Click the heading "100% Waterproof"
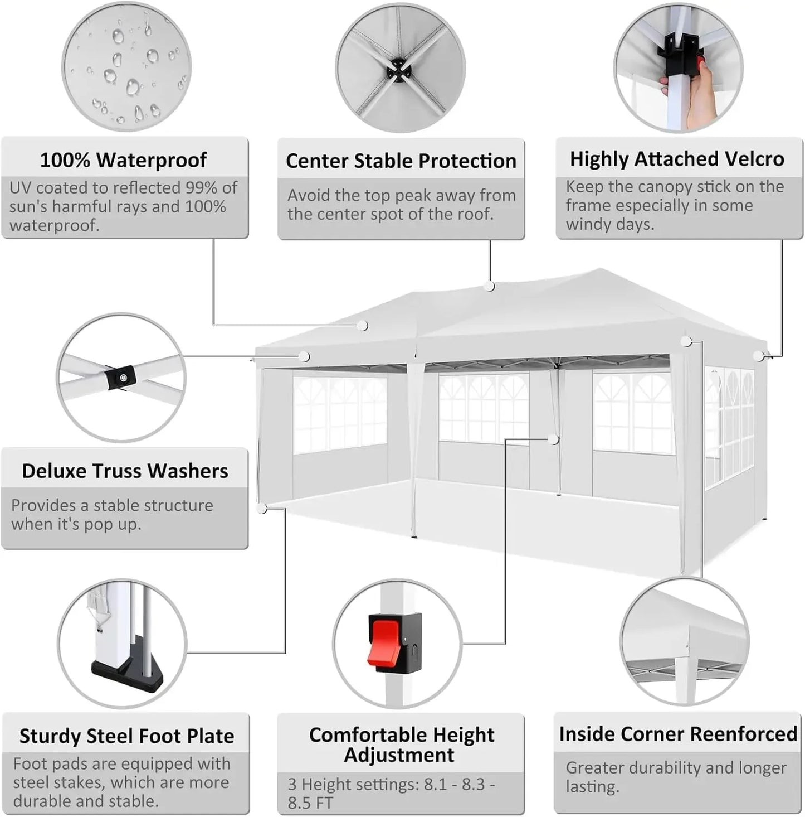pos(123,160)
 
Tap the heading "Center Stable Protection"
pos(401,161)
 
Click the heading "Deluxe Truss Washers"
pos(125,471)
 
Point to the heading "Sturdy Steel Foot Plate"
pos(126,736)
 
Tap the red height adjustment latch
pos(383,642)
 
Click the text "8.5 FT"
pos(310,803)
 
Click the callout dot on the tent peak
pos(489,287)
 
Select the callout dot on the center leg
pos(553,440)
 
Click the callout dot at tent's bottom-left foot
pos(262,508)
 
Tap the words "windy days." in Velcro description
pos(610,225)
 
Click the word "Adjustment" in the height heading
pos(399,755)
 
